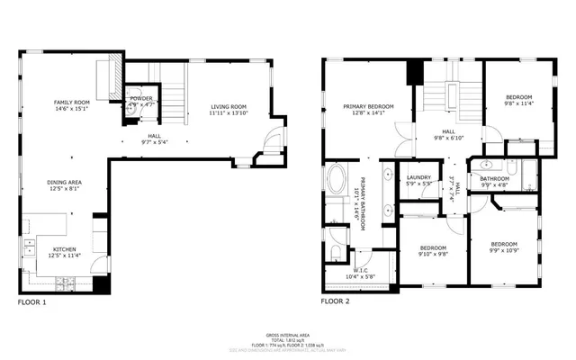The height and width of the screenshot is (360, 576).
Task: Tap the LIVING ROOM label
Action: [229, 106]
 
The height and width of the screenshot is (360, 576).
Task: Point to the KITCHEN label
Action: [64, 249]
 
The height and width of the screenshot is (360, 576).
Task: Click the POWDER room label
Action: [140, 99]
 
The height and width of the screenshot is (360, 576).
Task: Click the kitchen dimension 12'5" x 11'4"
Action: [64, 256]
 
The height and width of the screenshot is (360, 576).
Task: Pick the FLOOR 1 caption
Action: [31, 301]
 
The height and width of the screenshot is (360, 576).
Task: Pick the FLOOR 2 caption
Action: [335, 301]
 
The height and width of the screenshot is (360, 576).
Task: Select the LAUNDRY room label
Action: [419, 177]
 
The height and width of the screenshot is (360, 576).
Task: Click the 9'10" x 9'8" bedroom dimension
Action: [432, 255]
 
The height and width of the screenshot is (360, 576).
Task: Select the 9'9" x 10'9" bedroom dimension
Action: [504, 251]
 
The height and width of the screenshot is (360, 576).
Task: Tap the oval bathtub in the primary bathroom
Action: [337, 182]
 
